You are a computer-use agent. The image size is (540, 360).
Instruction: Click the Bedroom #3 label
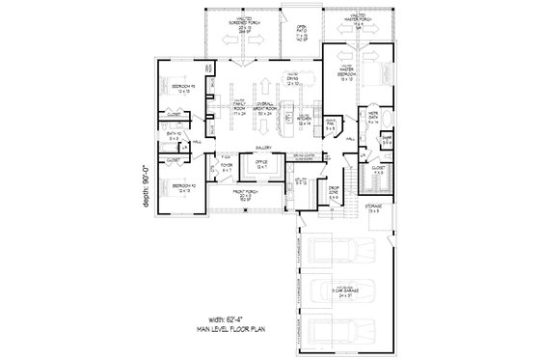coord(183,89)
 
